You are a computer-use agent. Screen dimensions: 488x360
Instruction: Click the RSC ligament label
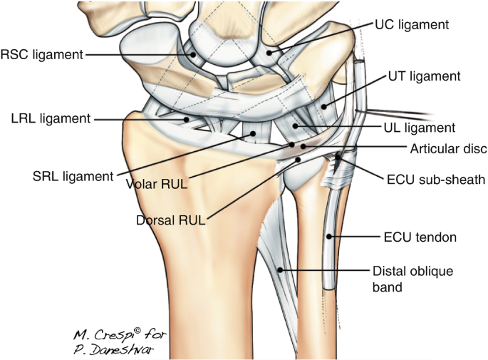click(x=42, y=54)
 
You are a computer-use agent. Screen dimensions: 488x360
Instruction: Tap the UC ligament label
click(x=412, y=24)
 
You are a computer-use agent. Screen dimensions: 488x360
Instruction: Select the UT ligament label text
click(x=425, y=76)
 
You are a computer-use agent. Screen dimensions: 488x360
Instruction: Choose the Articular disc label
click(x=448, y=148)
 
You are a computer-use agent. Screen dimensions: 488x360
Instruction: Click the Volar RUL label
click(x=157, y=184)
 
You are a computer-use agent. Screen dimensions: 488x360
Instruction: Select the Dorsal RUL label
click(x=170, y=220)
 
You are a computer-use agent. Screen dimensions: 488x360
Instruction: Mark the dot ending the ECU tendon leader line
click(x=329, y=236)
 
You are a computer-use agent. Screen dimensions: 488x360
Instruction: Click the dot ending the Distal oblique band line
click(x=281, y=269)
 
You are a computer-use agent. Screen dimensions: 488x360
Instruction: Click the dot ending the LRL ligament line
click(x=187, y=119)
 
